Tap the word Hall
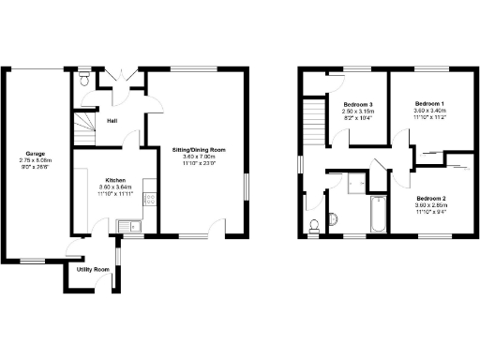tap(112, 121)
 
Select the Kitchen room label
tap(116, 179)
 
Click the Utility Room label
tap(93, 269)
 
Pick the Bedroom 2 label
tap(429, 199)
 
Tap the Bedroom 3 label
tap(358, 103)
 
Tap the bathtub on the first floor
tap(378, 214)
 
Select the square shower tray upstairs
tap(357, 182)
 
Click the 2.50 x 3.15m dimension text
tap(358, 111)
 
